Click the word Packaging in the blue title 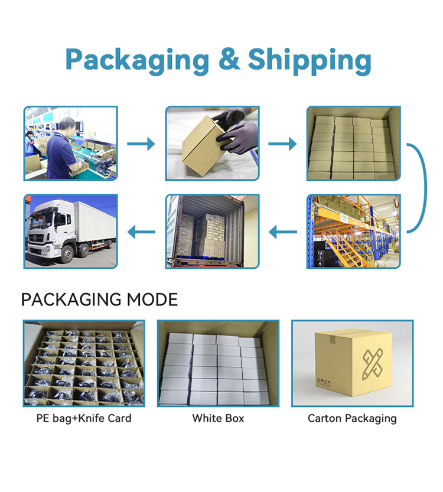(x=137, y=61)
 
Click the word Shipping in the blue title (x=310, y=61)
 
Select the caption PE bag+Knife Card (x=84, y=418)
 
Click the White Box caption (x=218, y=418)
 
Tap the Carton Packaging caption (x=352, y=419)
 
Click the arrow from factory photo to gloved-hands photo (x=141, y=144)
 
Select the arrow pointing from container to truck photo (x=141, y=232)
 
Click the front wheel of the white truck (x=67, y=253)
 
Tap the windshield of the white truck (x=41, y=220)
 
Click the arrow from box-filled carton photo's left (x=282, y=144)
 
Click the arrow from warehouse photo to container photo (x=283, y=232)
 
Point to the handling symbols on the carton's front (x=324, y=382)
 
